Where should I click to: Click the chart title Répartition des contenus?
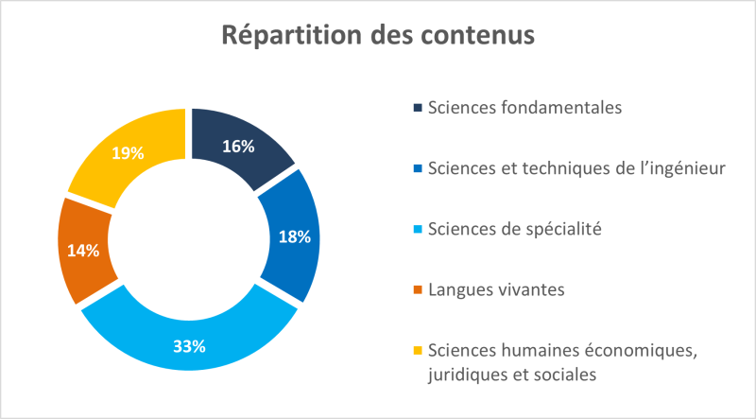click(x=378, y=35)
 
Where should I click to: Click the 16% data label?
click(x=238, y=146)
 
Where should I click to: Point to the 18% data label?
click(x=295, y=237)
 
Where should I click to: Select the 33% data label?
click(x=189, y=346)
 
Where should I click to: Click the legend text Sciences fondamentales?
click(x=524, y=107)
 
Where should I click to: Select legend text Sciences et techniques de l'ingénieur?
click(x=576, y=168)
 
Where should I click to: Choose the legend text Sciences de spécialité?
click(x=514, y=229)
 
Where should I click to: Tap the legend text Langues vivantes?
click(x=496, y=289)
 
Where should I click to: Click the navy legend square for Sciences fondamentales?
click(x=418, y=107)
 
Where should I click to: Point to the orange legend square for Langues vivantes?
click(x=418, y=289)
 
